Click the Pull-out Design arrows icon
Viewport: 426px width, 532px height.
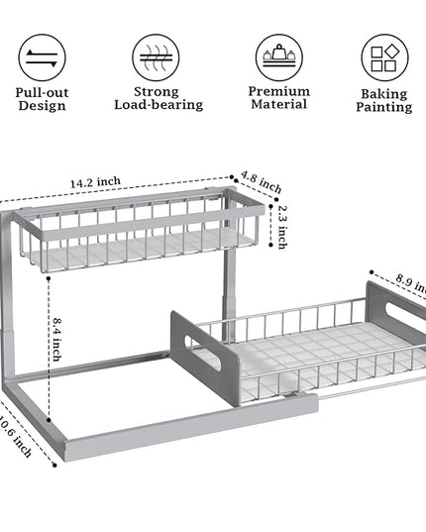(42, 57)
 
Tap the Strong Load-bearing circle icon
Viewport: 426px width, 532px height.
(156, 57)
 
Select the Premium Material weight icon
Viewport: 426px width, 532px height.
(278, 57)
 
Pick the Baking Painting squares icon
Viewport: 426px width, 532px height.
(384, 57)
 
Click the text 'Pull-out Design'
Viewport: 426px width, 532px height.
(42, 99)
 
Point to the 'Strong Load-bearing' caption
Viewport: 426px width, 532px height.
(159, 98)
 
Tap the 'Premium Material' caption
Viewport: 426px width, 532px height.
(279, 98)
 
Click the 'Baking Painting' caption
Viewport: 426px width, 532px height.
(384, 100)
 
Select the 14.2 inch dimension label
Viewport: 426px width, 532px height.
(95, 182)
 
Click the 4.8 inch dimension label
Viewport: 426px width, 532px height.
(262, 182)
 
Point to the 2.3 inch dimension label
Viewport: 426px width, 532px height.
(282, 227)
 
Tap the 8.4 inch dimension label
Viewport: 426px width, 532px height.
(57, 339)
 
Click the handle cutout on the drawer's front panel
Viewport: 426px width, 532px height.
(202, 352)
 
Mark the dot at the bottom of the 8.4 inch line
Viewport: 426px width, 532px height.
(49, 420)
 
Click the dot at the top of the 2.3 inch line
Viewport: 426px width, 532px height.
(270, 206)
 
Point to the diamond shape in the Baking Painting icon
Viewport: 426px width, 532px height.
(391, 51)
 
